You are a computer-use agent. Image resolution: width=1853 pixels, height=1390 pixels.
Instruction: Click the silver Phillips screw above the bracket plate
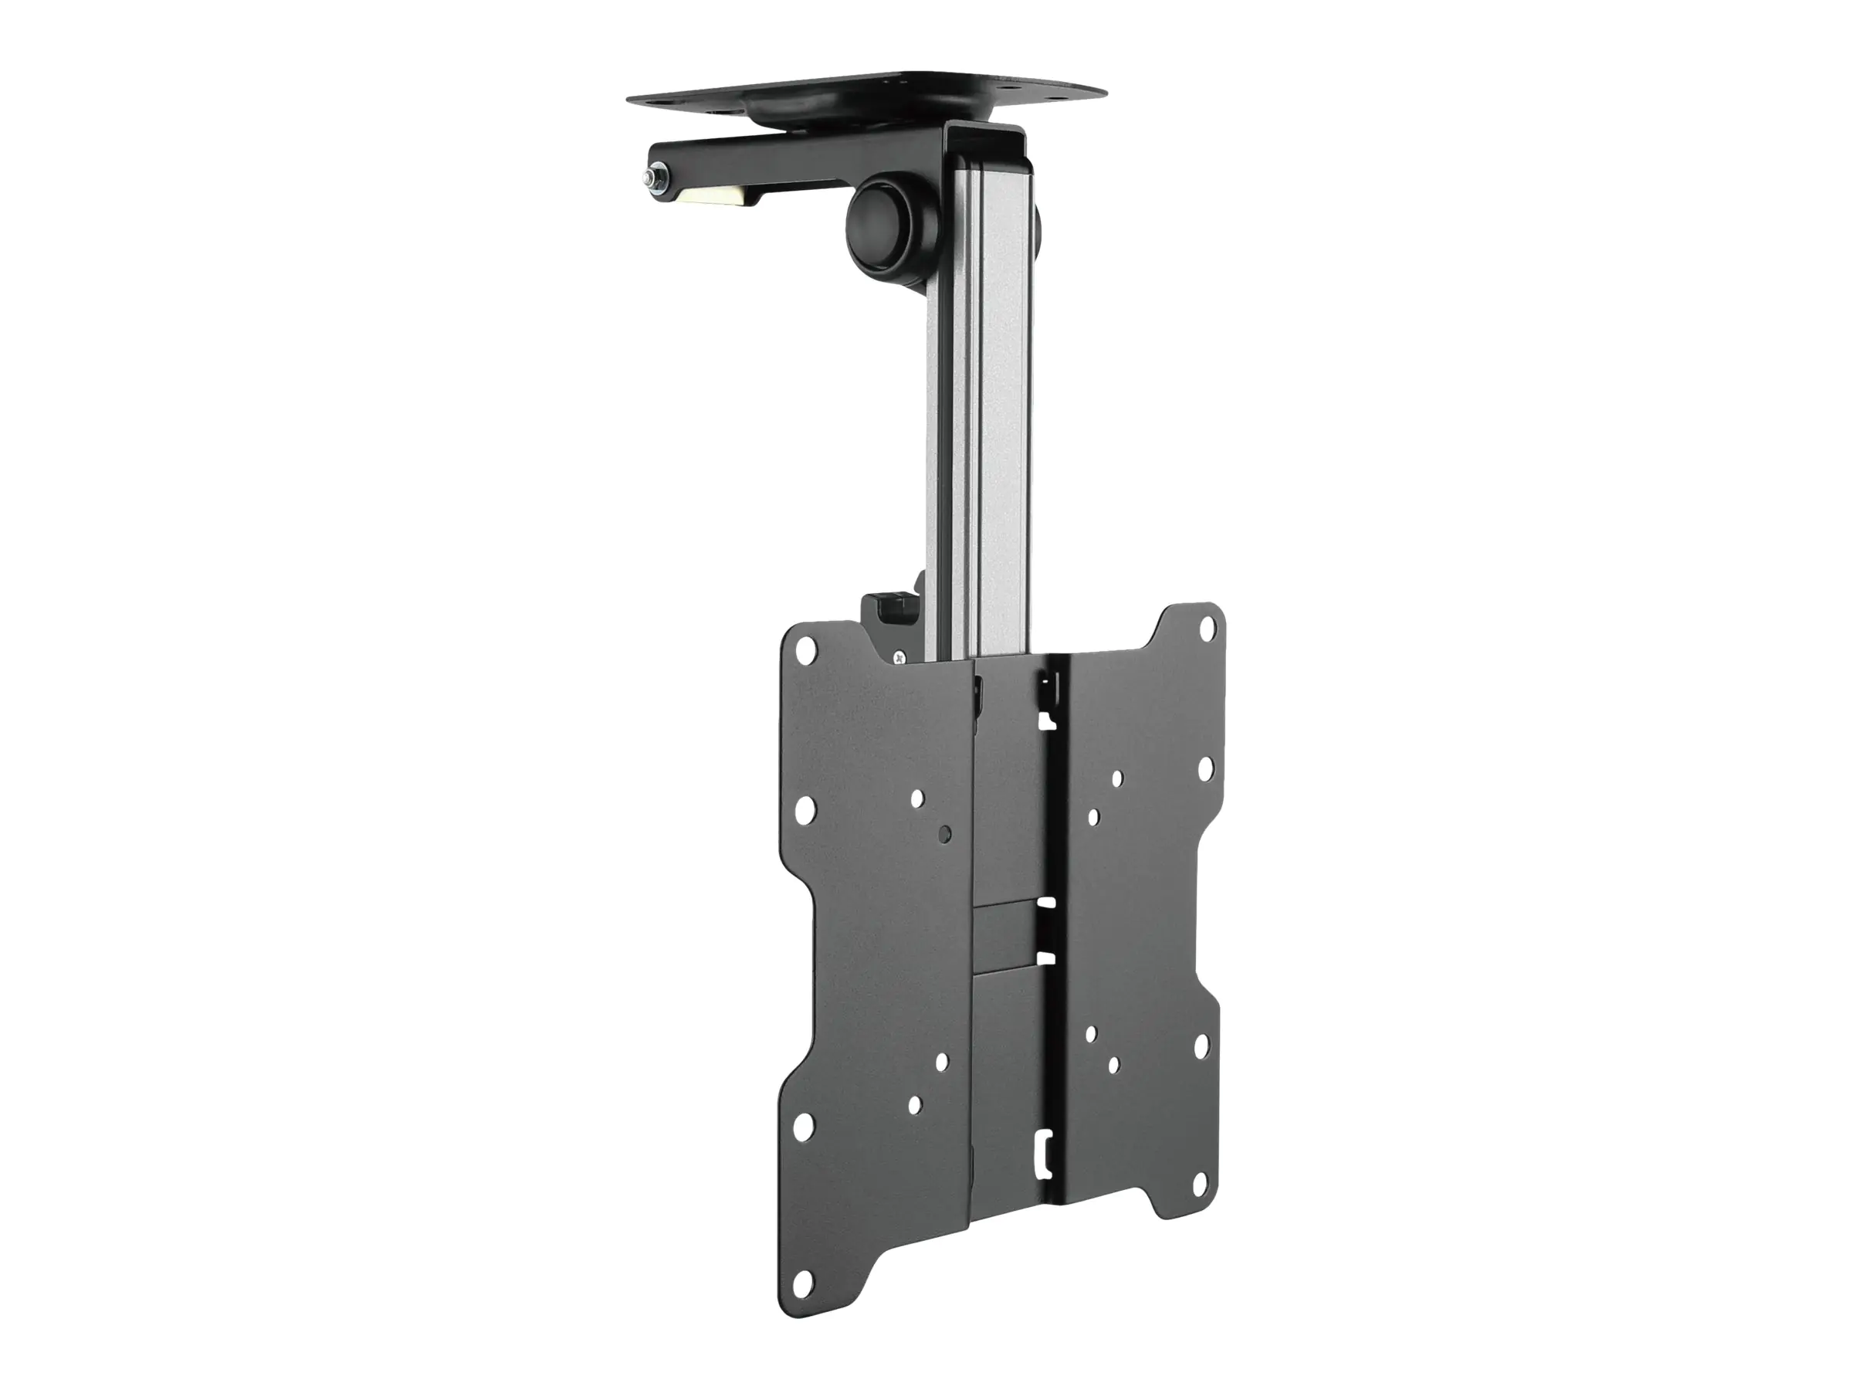pyautogui.click(x=901, y=659)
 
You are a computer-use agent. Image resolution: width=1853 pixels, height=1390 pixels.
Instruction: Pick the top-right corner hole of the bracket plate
pyautogui.click(x=1207, y=625)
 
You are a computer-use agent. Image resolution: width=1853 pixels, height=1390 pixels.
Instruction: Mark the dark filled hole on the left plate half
pyautogui.click(x=945, y=835)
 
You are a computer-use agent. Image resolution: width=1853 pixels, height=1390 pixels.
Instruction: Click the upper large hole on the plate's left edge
pyautogui.click(x=805, y=808)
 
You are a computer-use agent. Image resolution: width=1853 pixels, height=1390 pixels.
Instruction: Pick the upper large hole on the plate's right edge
pyautogui.click(x=1205, y=768)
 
